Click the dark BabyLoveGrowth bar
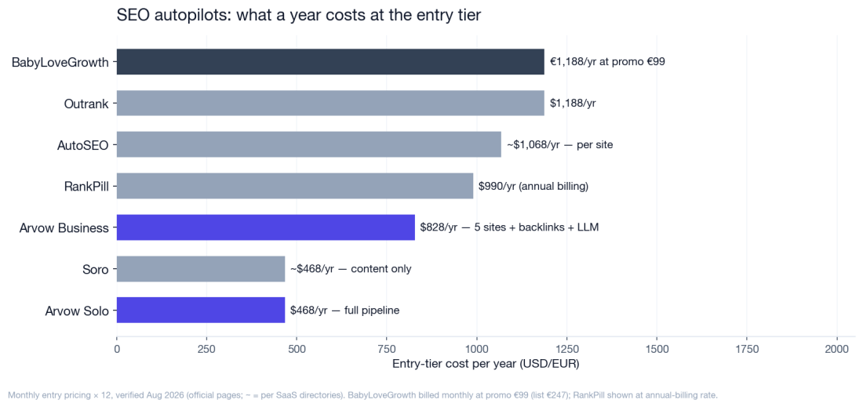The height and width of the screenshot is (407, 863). click(330, 62)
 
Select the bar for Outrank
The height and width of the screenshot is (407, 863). click(330, 103)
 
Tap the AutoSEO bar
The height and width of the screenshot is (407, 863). click(309, 144)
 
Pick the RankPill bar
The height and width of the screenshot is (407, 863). click(295, 186)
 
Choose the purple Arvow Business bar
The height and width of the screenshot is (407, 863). click(266, 227)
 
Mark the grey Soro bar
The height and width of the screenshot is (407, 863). click(201, 268)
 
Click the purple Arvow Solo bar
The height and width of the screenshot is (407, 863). click(201, 311)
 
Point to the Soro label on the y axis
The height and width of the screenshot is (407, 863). click(95, 270)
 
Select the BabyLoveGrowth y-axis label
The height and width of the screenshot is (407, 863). click(60, 63)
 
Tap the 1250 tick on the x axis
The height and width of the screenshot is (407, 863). click(567, 348)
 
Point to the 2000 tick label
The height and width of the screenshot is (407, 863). click(837, 348)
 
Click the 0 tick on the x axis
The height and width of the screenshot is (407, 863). click(117, 348)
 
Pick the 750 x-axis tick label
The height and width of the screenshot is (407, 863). click(386, 348)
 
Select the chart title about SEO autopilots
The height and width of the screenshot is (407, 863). click(299, 16)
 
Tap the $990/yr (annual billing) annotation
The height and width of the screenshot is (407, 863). click(533, 187)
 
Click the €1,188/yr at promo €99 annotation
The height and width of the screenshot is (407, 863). click(607, 62)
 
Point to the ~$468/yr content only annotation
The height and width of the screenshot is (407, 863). click(351, 269)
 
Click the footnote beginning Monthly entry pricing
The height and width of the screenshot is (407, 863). click(363, 395)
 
